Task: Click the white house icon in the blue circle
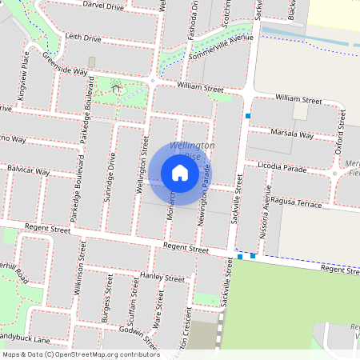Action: click(x=180, y=172)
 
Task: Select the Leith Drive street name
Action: click(x=83, y=38)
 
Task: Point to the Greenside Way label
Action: click(x=65, y=65)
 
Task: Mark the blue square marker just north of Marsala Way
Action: click(x=249, y=117)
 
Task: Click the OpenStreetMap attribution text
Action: click(x=80, y=354)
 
